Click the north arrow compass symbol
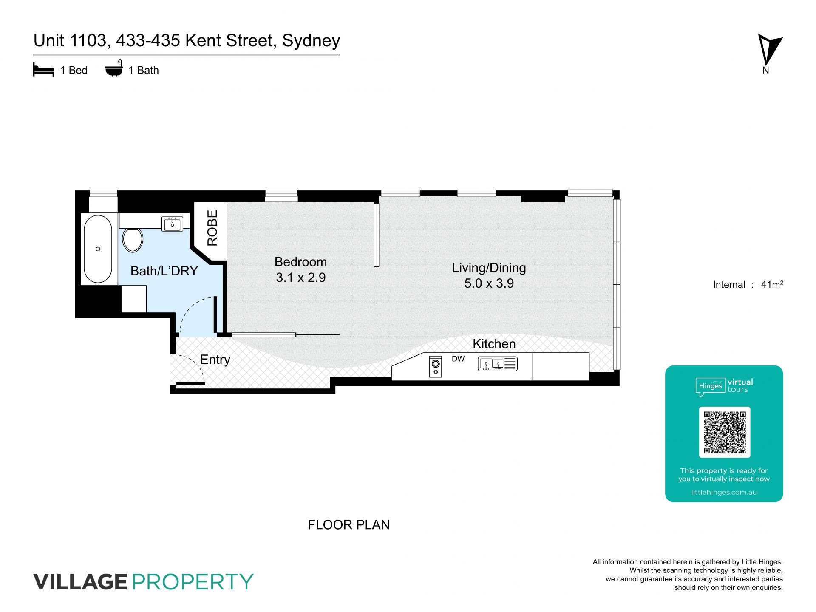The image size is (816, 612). tap(769, 50)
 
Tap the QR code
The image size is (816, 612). tap(725, 432)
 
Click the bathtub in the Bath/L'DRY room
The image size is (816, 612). tap(98, 249)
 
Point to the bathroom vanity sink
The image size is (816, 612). tap(173, 224)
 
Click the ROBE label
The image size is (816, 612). tap(212, 228)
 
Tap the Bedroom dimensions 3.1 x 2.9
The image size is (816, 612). tap(301, 278)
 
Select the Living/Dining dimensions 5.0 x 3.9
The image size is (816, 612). tap(489, 283)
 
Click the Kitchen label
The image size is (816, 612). tap(494, 344)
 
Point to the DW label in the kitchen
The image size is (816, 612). tap(458, 359)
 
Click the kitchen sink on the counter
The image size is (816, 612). tap(498, 364)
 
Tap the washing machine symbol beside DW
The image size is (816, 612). tap(436, 366)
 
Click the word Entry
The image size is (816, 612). tap(215, 360)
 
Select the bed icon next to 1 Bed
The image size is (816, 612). tap(43, 70)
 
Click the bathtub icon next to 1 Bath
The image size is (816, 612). tap(114, 68)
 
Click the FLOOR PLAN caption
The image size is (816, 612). tap(348, 525)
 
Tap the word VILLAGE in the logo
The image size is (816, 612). tap(80, 582)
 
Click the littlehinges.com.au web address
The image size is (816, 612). tap(724, 493)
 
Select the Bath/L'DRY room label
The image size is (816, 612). tap(164, 271)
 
